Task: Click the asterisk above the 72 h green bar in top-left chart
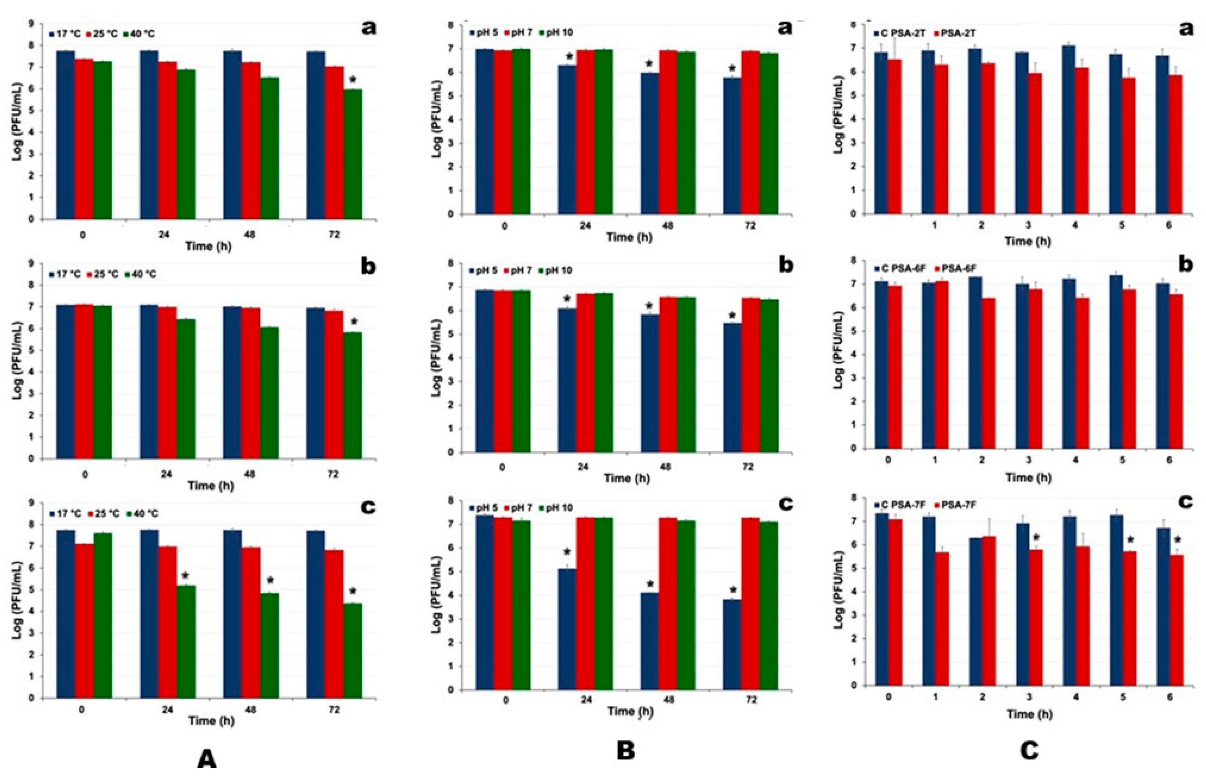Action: (353, 80)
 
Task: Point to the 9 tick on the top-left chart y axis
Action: (31, 23)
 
